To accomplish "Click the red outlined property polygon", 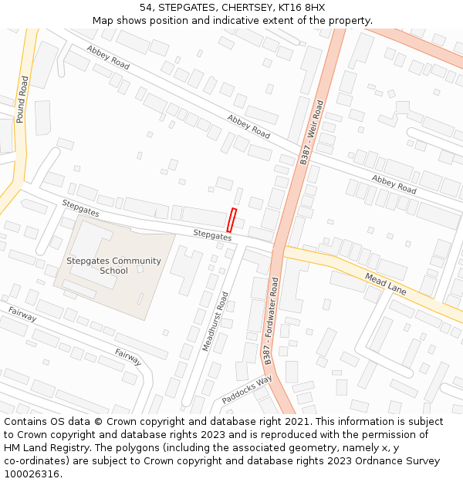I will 231,220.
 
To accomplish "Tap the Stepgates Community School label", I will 113,265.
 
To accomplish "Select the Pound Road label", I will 22,99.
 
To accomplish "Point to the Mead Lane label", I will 385,284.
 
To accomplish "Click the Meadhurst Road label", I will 215,322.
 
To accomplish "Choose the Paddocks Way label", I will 247,390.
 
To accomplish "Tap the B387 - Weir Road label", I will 312,132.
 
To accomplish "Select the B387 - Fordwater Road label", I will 271,320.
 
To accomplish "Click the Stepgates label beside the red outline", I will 212,234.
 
